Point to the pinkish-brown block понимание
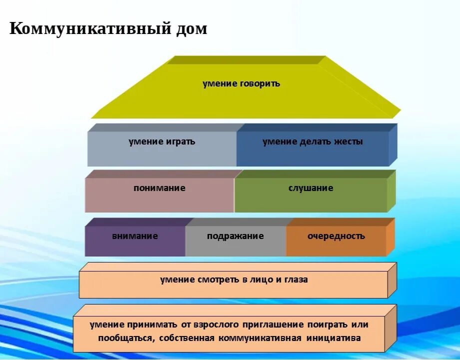(x=159, y=195)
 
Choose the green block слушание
(x=310, y=195)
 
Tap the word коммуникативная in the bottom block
(x=260, y=338)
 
